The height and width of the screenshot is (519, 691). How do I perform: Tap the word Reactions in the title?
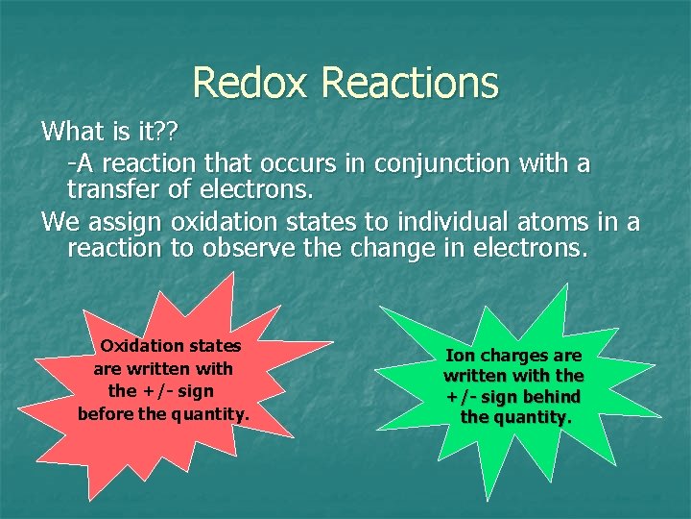pos(411,83)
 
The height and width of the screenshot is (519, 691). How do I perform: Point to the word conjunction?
pos(451,162)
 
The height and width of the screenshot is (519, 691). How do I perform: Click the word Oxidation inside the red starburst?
pos(143,345)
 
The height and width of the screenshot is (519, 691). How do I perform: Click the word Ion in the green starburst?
pos(461,356)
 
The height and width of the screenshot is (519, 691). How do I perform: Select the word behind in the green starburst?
pos(551,396)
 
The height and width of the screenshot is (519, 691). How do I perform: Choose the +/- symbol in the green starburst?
pos(461,396)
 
